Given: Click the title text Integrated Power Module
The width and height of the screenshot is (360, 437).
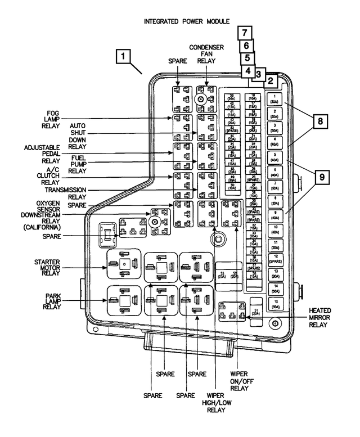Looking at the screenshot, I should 187,21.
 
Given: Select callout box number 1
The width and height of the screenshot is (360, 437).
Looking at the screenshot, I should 124,56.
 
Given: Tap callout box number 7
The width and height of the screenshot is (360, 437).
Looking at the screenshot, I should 245,33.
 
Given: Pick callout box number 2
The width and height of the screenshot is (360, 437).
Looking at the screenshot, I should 271,80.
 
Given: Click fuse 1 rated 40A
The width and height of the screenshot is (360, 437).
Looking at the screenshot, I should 274,100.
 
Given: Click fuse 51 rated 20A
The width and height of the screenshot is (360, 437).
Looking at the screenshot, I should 257,312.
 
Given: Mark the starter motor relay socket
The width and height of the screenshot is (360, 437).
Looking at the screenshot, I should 123,265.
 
